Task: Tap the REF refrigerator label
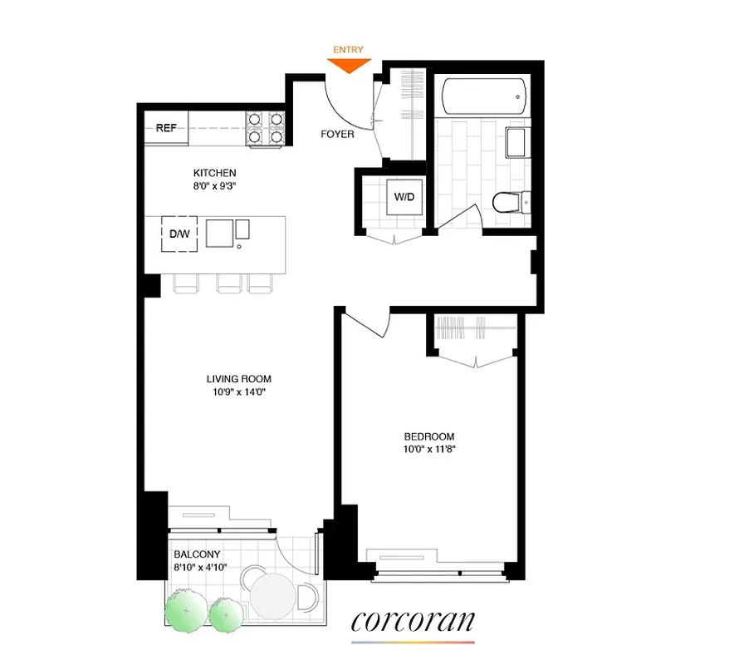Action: pos(166,128)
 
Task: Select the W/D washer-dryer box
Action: pos(404,198)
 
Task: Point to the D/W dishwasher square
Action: pos(179,234)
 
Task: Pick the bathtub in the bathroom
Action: pos(483,96)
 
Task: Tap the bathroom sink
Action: pos(516,143)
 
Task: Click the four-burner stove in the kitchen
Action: pos(266,128)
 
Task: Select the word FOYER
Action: pos(337,134)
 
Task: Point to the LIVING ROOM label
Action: pos(239,379)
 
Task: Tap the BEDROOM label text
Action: pos(429,436)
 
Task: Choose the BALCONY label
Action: pos(197,554)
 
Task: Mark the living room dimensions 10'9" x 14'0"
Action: pos(239,392)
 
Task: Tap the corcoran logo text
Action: pos(413,621)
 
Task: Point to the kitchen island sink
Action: pos(221,234)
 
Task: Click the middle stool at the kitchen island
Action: pos(228,284)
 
